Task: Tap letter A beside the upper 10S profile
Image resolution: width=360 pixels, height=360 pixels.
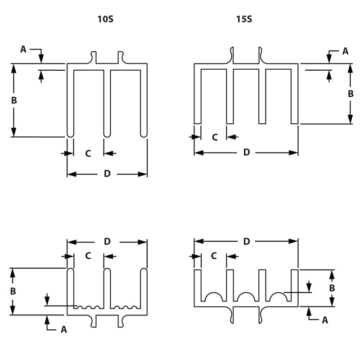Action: pyautogui.click(x=23, y=49)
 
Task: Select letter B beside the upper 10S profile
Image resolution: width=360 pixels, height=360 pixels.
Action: pyautogui.click(x=14, y=100)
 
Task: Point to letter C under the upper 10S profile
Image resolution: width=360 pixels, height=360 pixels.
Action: pyautogui.click(x=88, y=153)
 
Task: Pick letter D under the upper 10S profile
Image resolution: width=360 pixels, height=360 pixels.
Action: pyautogui.click(x=107, y=174)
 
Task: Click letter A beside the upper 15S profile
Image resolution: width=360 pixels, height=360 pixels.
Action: pyautogui.click(x=345, y=51)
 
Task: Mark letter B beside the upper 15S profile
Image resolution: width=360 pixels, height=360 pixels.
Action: pyautogui.click(x=351, y=94)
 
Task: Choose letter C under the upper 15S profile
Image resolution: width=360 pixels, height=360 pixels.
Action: pyautogui.click(x=215, y=137)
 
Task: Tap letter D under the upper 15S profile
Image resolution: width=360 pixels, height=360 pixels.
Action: pyautogui.click(x=246, y=153)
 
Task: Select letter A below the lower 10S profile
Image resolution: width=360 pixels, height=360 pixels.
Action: pyautogui.click(x=63, y=330)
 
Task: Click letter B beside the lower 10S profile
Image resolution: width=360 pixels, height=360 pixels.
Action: pyautogui.click(x=13, y=291)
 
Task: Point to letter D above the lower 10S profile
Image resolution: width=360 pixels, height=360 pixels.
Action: pyautogui.click(x=107, y=242)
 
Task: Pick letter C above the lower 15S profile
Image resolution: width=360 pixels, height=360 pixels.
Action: pyautogui.click(x=214, y=256)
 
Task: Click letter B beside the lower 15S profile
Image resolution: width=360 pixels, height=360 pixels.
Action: pyautogui.click(x=332, y=288)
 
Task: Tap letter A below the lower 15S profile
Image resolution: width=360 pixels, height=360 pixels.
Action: pyautogui.click(x=325, y=320)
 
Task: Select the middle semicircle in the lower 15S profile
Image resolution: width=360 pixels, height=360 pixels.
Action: pyautogui.click(x=246, y=297)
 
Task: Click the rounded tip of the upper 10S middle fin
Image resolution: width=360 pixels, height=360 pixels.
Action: pyautogui.click(x=107, y=135)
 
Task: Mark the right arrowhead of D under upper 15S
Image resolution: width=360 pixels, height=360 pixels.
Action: pyautogui.click(x=295, y=153)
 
